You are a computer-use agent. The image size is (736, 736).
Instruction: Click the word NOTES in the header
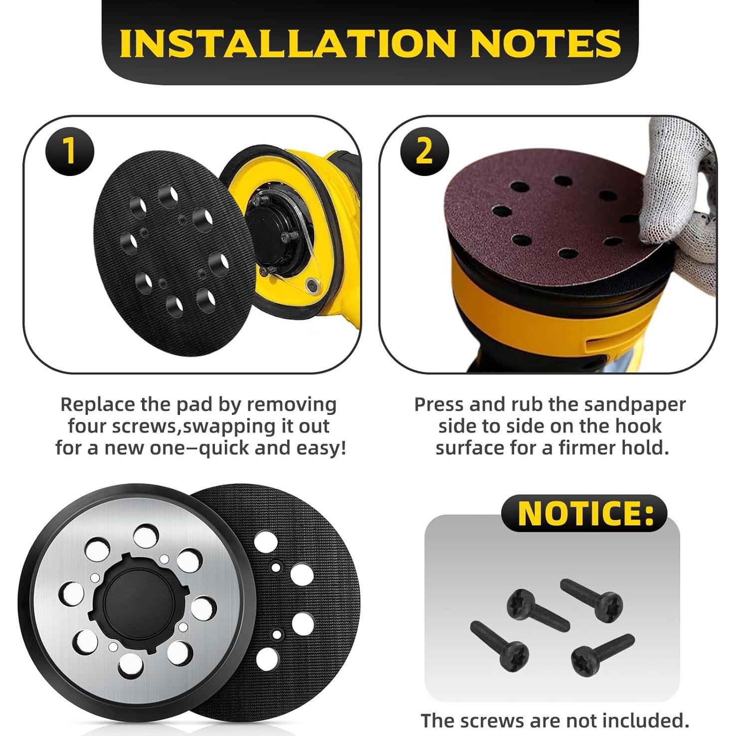545,44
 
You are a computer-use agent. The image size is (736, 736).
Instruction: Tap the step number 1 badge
70,151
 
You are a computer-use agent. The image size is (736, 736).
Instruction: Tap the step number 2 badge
424,151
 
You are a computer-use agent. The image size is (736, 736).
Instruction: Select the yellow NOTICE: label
584,513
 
